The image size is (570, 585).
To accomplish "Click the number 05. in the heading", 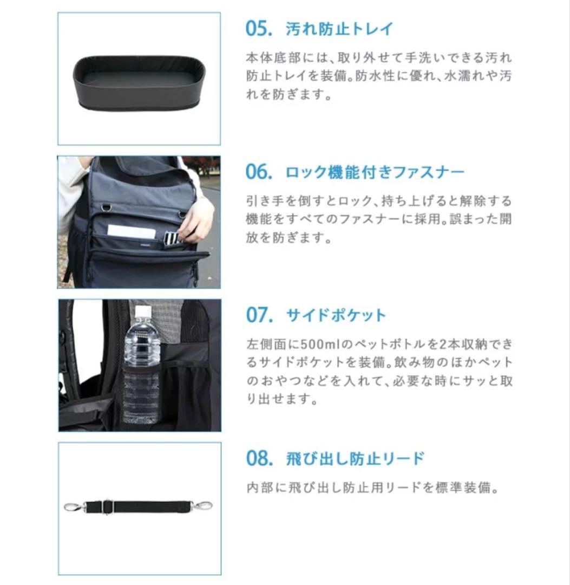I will click(x=259, y=29).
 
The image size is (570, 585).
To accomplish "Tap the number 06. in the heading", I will click(x=259, y=172).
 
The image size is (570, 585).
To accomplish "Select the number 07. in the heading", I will click(x=259, y=315).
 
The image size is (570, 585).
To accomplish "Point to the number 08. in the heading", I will click(x=259, y=458).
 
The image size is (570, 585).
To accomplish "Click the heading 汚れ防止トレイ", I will click(x=339, y=29).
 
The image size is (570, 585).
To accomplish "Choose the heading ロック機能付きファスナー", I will click(x=375, y=173).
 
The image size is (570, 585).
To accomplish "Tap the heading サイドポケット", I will click(x=336, y=315).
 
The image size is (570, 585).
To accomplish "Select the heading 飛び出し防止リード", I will click(x=355, y=459).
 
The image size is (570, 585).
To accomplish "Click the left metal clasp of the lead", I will click(x=73, y=507).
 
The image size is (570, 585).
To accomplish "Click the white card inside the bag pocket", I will click(x=132, y=231).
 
